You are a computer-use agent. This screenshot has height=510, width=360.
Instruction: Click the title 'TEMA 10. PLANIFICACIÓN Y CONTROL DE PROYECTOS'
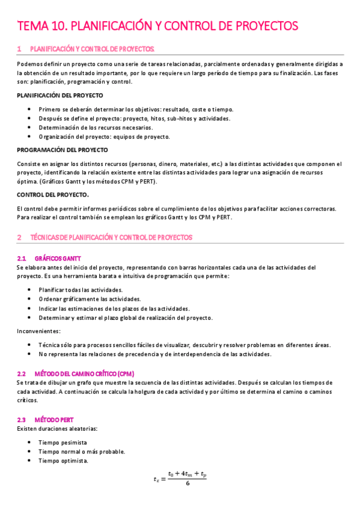pos(157,26)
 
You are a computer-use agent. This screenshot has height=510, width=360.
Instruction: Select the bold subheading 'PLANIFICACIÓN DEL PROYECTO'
pos(59,95)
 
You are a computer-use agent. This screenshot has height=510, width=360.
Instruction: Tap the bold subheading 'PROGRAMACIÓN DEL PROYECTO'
pos(62,150)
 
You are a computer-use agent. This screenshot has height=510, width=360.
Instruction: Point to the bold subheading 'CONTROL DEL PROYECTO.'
pos(53,194)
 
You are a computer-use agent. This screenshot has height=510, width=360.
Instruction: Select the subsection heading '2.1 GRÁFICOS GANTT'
pos(58,258)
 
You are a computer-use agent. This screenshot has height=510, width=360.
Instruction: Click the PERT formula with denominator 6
pos(180,479)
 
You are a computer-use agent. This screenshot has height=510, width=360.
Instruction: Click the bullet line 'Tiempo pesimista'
pos(67,442)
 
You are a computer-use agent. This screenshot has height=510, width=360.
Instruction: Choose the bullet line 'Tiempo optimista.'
pos(68,461)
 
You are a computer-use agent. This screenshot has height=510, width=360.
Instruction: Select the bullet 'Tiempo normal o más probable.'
pos(82,452)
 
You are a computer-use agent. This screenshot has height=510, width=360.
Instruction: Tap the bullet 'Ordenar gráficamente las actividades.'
pos(90,299)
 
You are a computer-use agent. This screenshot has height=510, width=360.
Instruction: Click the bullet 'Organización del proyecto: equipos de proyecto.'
pos(104,137)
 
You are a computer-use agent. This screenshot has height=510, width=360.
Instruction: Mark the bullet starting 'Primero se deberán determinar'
pos(136,109)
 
